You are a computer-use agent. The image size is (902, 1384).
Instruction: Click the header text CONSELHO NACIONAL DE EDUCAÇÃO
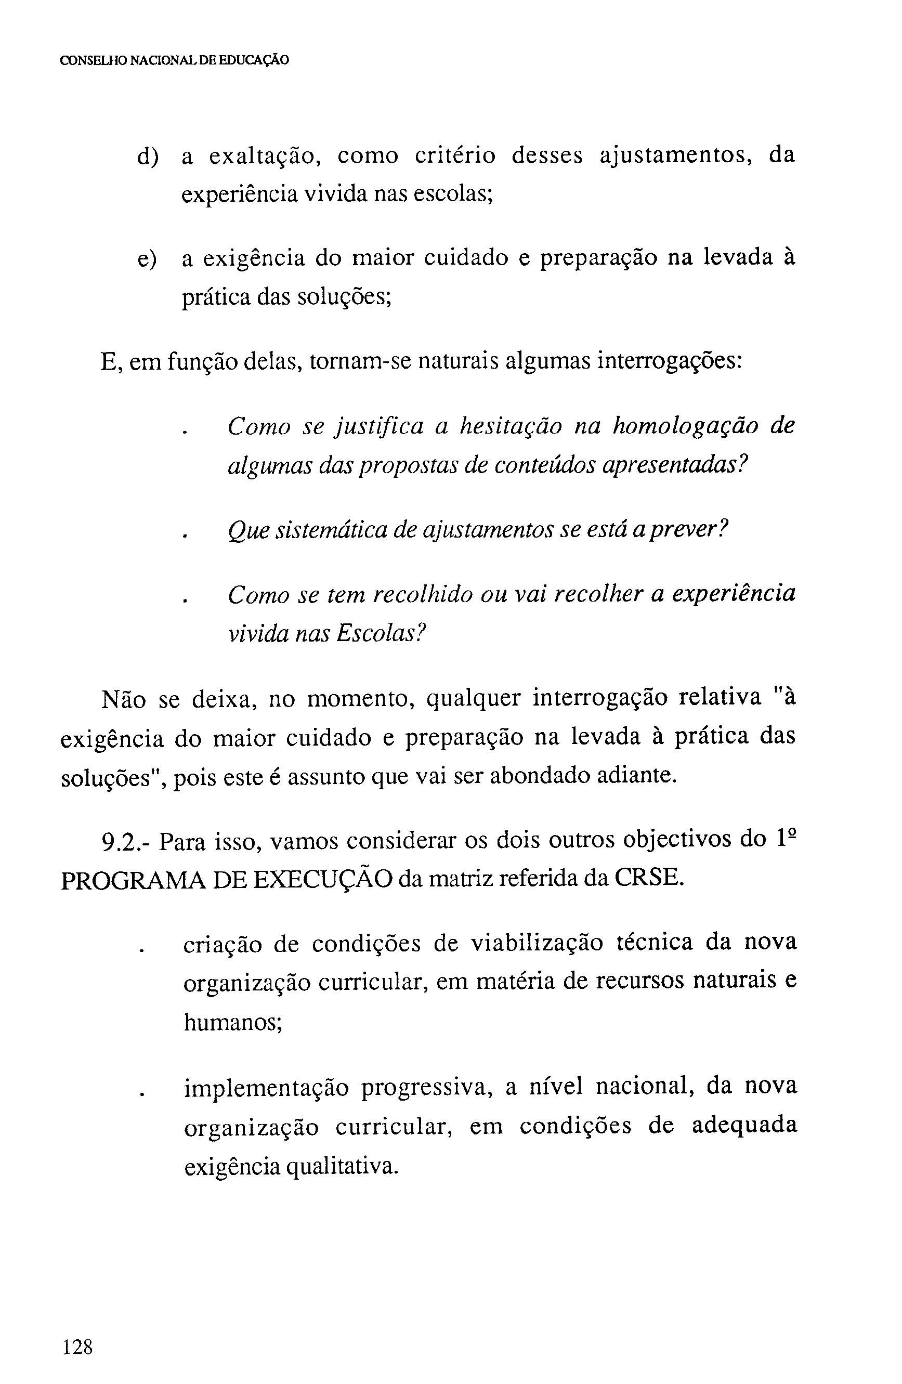tap(175, 60)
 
